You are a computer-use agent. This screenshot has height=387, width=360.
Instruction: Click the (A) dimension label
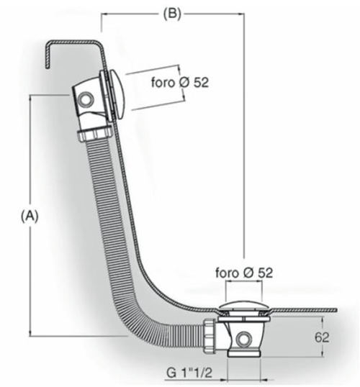point(30,217)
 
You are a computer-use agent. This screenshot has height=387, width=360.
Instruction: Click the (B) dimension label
point(172,14)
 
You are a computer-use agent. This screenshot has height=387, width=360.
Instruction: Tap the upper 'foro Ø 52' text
point(180,82)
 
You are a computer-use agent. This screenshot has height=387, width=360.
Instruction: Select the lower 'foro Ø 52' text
point(244,273)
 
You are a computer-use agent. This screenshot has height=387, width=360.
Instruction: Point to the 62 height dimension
point(322,337)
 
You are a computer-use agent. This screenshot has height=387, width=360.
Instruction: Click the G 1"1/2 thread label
point(189,373)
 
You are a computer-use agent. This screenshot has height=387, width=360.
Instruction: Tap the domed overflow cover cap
point(117,94)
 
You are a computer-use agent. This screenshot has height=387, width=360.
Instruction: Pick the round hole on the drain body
point(243,340)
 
